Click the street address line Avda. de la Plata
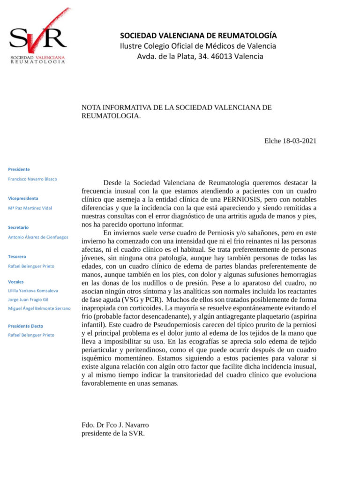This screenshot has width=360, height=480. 200,57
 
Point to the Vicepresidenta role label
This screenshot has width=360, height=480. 23,198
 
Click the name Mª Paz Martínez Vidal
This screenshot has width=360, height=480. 30,208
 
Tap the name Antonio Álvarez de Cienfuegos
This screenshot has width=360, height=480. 38,237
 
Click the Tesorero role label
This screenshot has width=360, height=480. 17,256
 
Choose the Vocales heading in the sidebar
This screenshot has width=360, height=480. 16,282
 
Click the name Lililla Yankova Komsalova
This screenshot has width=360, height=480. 33,291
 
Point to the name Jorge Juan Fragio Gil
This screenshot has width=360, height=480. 28,300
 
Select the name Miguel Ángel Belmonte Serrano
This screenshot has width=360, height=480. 39,308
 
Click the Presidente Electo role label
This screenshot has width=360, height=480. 26,326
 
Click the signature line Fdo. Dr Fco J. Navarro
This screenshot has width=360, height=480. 115,425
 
